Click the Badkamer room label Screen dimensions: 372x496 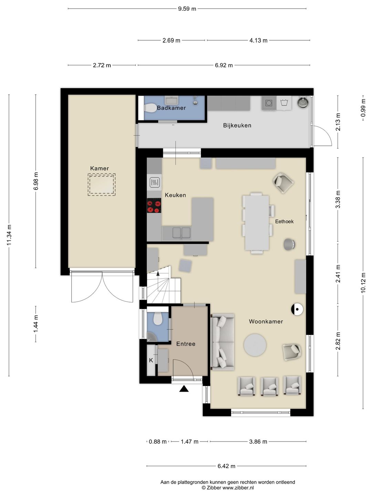click(x=171, y=108)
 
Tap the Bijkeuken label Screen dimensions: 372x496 click(x=237, y=125)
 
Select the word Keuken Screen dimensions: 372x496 click(x=175, y=195)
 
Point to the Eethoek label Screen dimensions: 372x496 click(x=284, y=221)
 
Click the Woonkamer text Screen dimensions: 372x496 click(x=266, y=321)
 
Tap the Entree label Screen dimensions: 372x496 click(x=186, y=344)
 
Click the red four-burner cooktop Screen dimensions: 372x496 click(x=154, y=205)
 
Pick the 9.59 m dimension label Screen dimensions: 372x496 click(x=187, y=9)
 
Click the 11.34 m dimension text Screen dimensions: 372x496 click(x=9, y=235)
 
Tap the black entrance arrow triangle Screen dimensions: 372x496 click(x=184, y=389)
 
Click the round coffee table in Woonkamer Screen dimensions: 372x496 click(x=255, y=345)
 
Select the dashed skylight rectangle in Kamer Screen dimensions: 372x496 click(x=102, y=184)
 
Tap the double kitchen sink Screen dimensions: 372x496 click(x=182, y=233)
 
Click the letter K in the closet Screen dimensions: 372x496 click(x=151, y=360)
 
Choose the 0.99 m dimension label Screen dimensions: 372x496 click(x=363, y=108)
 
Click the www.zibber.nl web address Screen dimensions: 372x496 click(x=238, y=488)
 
